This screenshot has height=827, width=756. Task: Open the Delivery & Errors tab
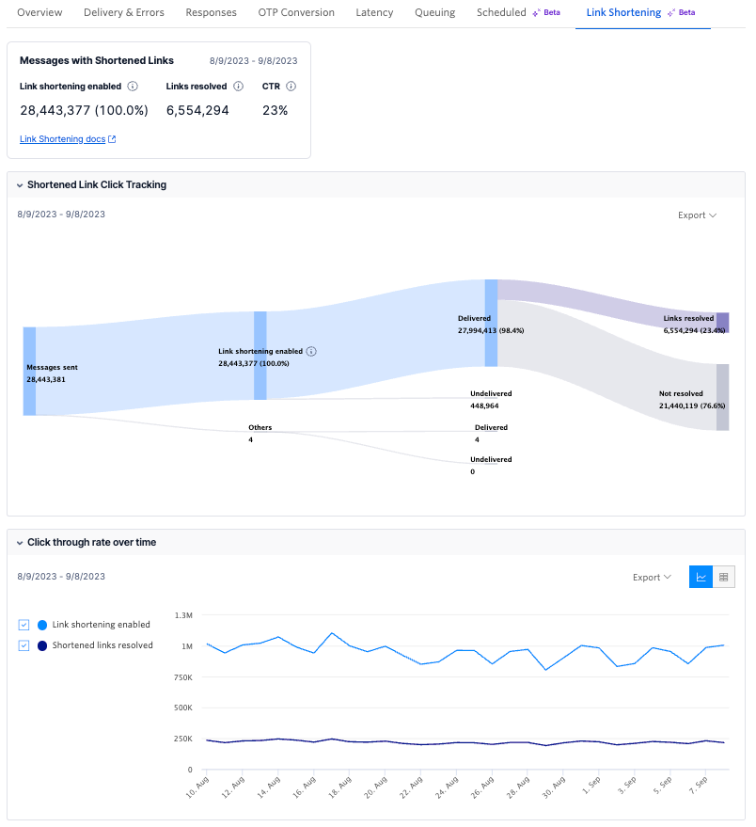(x=123, y=12)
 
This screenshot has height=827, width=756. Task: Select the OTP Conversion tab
(x=295, y=12)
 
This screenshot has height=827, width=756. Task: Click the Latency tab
(x=374, y=12)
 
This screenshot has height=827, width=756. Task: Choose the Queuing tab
(x=434, y=12)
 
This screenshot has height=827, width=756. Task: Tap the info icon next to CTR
(x=291, y=86)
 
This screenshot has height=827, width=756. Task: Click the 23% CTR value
(x=275, y=110)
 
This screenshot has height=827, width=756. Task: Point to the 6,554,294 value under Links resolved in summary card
(x=197, y=110)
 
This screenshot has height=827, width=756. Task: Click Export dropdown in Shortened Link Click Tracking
(x=697, y=215)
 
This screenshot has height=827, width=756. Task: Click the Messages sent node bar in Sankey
(x=29, y=371)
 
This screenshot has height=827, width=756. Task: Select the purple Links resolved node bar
(x=722, y=323)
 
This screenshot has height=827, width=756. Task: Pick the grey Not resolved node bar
(x=722, y=397)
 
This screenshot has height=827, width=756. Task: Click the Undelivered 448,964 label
(x=490, y=400)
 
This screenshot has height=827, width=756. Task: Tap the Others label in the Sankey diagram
(x=260, y=427)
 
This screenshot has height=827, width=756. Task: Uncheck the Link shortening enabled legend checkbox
(x=24, y=625)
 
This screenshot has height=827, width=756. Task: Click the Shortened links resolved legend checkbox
(x=24, y=645)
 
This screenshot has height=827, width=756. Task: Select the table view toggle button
(x=723, y=577)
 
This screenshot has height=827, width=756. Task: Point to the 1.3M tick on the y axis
(x=183, y=614)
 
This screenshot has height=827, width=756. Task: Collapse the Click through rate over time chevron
(x=19, y=543)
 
